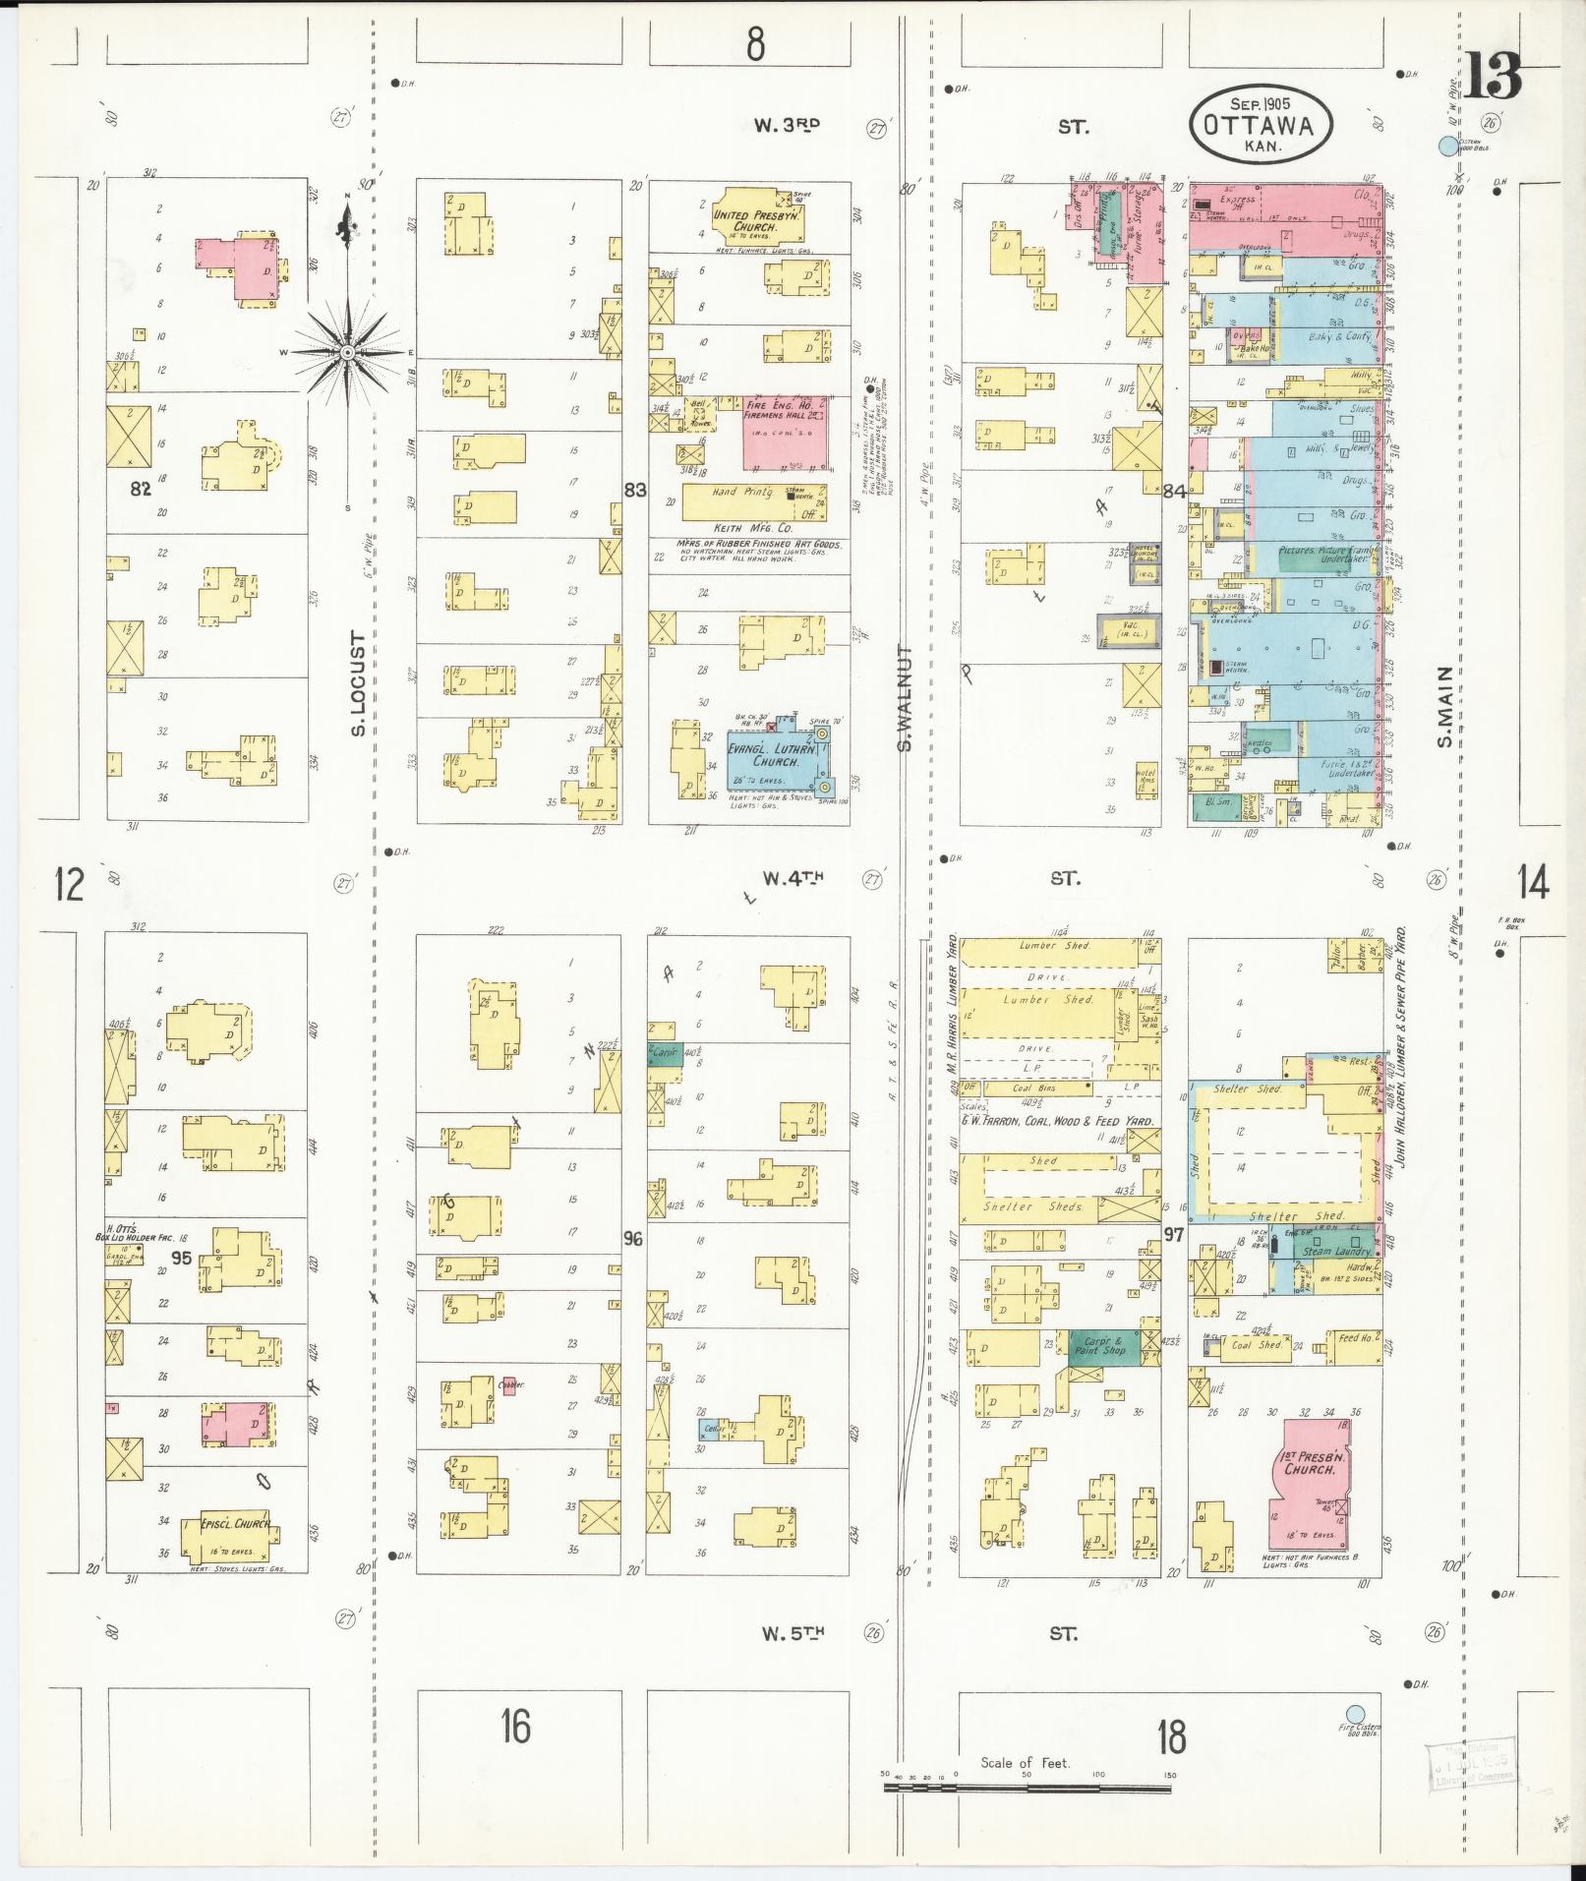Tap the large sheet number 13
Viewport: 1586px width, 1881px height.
click(x=1493, y=76)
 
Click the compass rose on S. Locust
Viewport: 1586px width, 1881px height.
click(x=347, y=351)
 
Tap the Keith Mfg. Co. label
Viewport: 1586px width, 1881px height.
click(x=752, y=528)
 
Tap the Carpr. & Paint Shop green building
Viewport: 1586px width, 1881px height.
click(x=1104, y=1345)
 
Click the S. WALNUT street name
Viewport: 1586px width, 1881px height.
click(x=905, y=698)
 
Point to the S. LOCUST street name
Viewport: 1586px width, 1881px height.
click(x=358, y=683)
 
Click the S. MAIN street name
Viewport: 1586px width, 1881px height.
click(x=1443, y=705)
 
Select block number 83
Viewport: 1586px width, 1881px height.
click(x=634, y=489)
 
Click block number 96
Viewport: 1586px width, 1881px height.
click(x=633, y=1238)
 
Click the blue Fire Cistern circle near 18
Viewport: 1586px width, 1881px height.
click(x=1355, y=1713)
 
